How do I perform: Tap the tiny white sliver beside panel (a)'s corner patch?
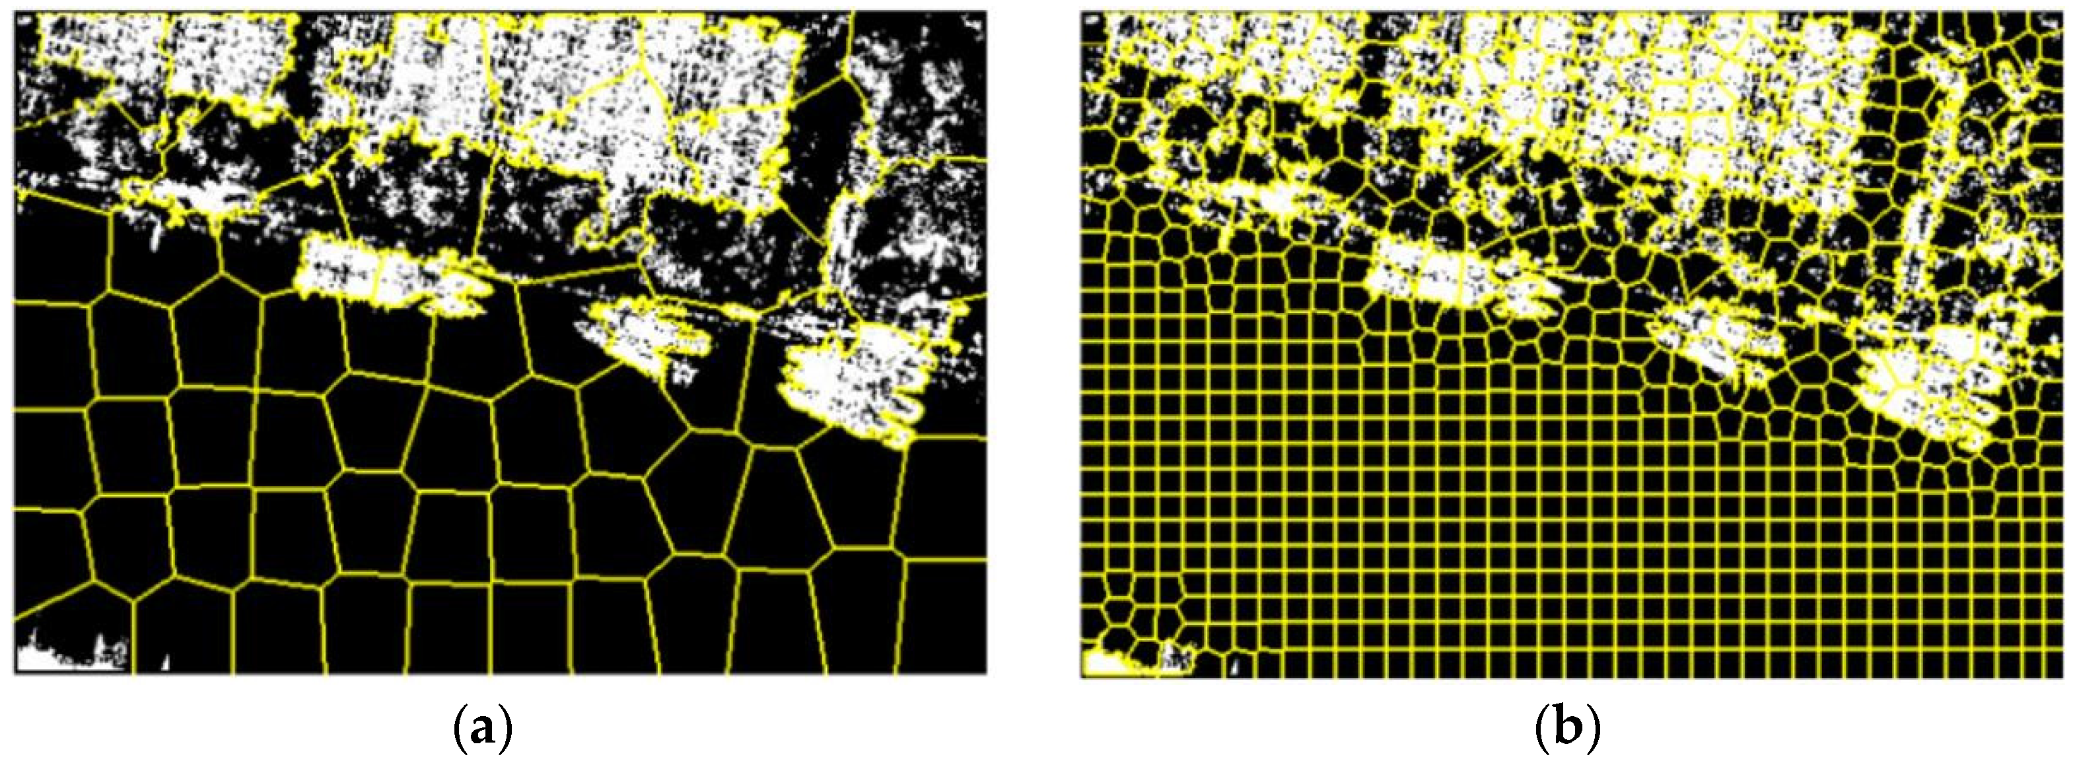[165, 663]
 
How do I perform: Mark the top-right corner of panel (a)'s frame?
[986, 11]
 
